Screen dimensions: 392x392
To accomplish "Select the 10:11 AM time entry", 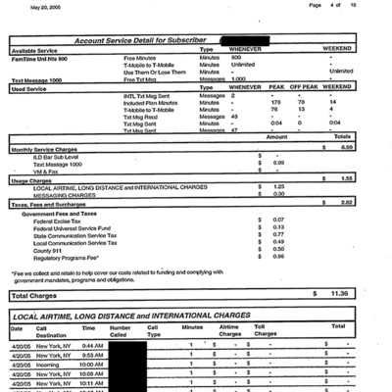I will (x=93, y=382).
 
